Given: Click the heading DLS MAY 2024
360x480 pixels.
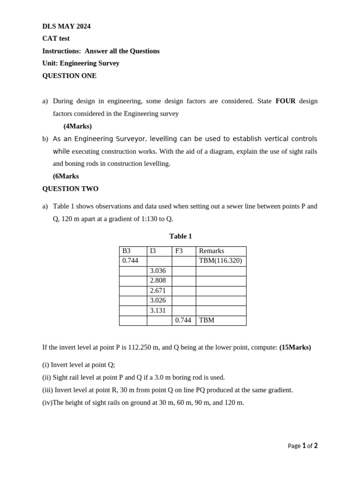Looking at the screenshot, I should pos(66,26).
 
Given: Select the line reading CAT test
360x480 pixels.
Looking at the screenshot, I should pos(56,38).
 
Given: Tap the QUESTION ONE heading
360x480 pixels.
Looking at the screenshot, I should pos(69,75).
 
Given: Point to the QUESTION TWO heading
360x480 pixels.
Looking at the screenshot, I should pos(70,188).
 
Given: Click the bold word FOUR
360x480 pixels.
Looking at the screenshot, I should pos(285,101).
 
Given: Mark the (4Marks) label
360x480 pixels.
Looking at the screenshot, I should pos(77,126).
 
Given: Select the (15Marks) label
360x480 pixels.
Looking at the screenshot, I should pos(295,347).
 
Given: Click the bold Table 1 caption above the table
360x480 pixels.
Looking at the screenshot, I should pos(180,236).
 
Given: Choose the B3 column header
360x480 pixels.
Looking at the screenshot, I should pos(127,251).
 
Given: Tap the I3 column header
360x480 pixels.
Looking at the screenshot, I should pos(153,251).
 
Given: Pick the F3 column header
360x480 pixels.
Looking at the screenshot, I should pos(179,251).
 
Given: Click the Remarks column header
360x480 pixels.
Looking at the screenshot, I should pos(211,251).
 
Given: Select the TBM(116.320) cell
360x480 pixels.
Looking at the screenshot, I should pos(220,261).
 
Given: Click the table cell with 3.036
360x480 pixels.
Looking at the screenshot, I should pos(158,271).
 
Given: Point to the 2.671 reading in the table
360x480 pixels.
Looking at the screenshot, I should pos(158,291).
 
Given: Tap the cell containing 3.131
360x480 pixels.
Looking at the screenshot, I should pos(158,310).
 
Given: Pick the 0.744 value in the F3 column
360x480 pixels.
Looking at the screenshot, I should pos(183,320).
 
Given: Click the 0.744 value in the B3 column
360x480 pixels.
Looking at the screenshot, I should pos(130,261).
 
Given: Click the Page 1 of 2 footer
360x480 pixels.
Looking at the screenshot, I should pos(302,446).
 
